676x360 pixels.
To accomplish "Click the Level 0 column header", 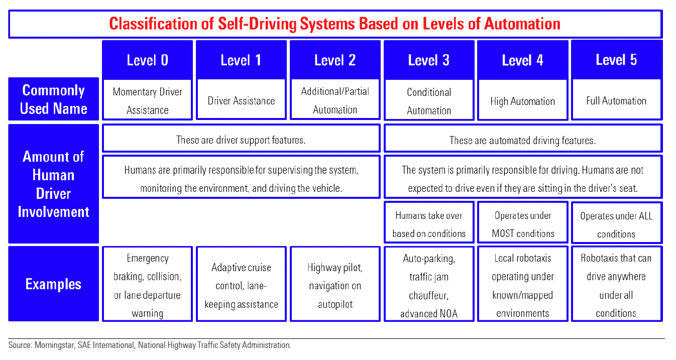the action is point(147,60).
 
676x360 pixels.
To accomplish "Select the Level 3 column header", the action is point(429,60).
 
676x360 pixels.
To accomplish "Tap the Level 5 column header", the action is point(617,59).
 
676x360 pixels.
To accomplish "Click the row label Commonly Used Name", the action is point(53,99).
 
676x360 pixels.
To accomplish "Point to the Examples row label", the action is point(53,284).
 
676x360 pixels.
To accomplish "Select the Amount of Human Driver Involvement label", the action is point(53,184).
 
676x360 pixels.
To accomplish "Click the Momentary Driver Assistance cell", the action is point(147,99).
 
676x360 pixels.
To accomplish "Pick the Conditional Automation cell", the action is point(429,100).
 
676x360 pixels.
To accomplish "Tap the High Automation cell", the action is point(523,100).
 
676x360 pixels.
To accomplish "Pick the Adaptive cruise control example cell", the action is point(241,284).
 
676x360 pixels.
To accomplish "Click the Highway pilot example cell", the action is point(335,284).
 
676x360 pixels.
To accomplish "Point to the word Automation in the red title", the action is point(522,24).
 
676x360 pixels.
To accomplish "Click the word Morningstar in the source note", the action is point(55,345).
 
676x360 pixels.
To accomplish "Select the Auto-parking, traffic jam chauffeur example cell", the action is point(429,284).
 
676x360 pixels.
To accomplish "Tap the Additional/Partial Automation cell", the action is point(335,99).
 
